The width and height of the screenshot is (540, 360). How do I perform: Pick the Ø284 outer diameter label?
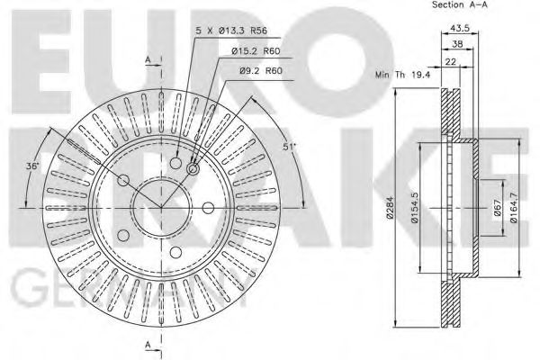pos(389,209)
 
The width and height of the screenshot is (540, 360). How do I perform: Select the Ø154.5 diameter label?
pos(415,209)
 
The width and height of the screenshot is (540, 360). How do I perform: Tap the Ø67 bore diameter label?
pos(496,209)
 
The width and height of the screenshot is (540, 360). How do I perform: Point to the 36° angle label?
pos(32,165)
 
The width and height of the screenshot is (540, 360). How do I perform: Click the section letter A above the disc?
pos(147,59)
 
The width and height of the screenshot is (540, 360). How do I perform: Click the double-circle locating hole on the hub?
pos(193,167)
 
